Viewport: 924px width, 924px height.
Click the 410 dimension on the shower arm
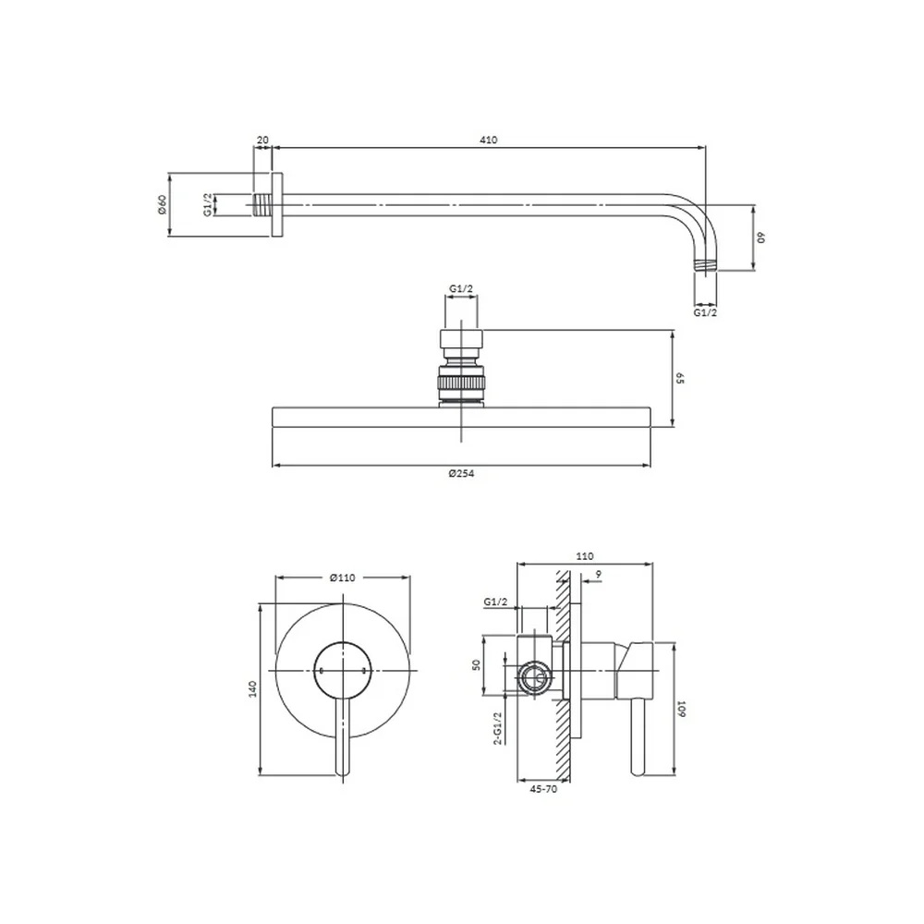489,140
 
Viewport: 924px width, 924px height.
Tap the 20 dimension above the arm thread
262,140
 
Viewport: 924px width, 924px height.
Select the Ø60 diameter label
163,204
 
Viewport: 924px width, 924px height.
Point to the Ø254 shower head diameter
461,473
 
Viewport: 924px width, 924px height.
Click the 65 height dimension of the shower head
679,378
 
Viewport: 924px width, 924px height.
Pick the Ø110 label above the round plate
343,577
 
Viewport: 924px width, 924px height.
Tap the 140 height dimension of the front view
253,689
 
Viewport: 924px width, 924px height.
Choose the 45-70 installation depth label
543,789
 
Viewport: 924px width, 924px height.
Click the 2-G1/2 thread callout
498,728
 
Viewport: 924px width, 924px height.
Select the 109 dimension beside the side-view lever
682,709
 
